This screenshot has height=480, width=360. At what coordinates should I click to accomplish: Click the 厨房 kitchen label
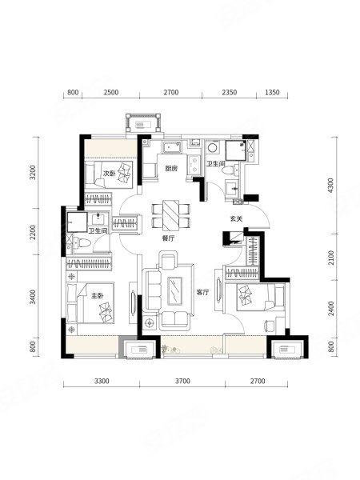(x=171, y=168)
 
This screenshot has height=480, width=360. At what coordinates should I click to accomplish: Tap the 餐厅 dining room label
(x=168, y=238)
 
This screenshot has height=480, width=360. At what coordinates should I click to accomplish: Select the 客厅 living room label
(x=202, y=292)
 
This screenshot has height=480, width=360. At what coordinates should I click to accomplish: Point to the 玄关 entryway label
(x=236, y=219)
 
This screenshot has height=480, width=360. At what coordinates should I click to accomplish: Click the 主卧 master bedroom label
(x=98, y=296)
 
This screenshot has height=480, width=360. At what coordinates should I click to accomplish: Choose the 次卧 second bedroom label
(x=109, y=174)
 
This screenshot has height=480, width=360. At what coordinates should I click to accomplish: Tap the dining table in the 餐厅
(x=171, y=215)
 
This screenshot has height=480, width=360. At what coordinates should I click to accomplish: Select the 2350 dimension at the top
(x=230, y=92)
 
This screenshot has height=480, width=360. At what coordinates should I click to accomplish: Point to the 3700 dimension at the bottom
(x=182, y=381)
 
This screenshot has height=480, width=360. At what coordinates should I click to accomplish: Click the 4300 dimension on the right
(x=331, y=186)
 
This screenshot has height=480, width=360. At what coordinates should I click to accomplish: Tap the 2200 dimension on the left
(x=33, y=232)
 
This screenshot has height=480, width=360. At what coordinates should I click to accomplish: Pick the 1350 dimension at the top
(x=272, y=92)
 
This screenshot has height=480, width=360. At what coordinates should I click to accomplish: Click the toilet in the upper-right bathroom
(x=230, y=170)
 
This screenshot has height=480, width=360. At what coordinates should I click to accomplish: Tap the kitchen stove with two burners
(x=194, y=164)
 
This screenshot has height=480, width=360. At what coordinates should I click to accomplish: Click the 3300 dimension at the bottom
(x=102, y=381)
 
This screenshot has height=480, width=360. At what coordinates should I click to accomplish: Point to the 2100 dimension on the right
(x=331, y=258)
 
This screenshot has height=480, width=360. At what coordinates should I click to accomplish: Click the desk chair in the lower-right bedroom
(x=269, y=326)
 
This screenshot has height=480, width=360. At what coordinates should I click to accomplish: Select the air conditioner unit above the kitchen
(x=143, y=123)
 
